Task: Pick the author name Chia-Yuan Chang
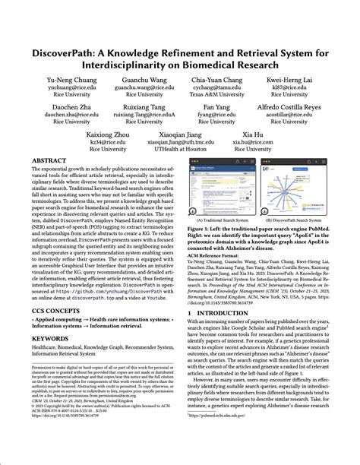click(221, 79)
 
